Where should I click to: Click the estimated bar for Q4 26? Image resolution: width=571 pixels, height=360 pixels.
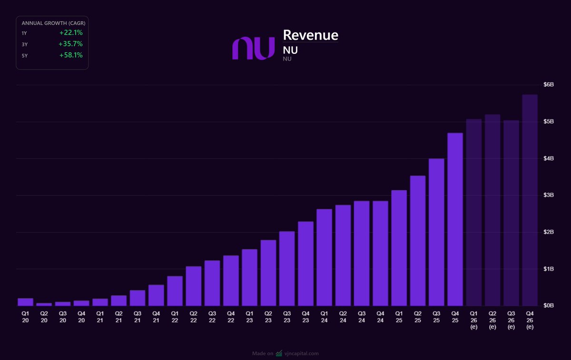tap(530, 200)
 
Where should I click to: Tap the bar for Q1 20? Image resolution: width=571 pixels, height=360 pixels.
tap(25, 302)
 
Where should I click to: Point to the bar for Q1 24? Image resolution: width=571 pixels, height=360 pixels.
tap(324, 257)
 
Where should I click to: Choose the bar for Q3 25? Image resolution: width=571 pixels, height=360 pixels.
tap(436, 232)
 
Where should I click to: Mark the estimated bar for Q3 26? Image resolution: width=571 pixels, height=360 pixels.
tap(511, 213)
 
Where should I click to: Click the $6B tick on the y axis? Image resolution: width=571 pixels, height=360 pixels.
tap(548, 85)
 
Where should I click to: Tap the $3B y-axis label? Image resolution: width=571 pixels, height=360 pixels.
tap(548, 195)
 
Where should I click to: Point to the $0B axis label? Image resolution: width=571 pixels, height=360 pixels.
tap(548, 305)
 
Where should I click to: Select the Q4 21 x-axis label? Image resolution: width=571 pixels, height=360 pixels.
tap(156, 317)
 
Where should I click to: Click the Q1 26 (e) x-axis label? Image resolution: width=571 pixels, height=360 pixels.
tap(473, 320)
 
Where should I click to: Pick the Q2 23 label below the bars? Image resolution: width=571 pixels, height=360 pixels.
tap(268, 317)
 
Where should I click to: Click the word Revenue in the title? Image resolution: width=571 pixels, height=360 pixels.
tap(310, 35)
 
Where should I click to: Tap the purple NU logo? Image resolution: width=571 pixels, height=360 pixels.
tap(253, 48)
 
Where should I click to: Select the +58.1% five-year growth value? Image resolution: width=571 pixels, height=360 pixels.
tap(71, 55)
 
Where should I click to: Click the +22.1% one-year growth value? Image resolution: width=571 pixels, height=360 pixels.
tap(71, 33)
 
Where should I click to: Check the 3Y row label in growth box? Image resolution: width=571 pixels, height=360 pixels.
tap(25, 44)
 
